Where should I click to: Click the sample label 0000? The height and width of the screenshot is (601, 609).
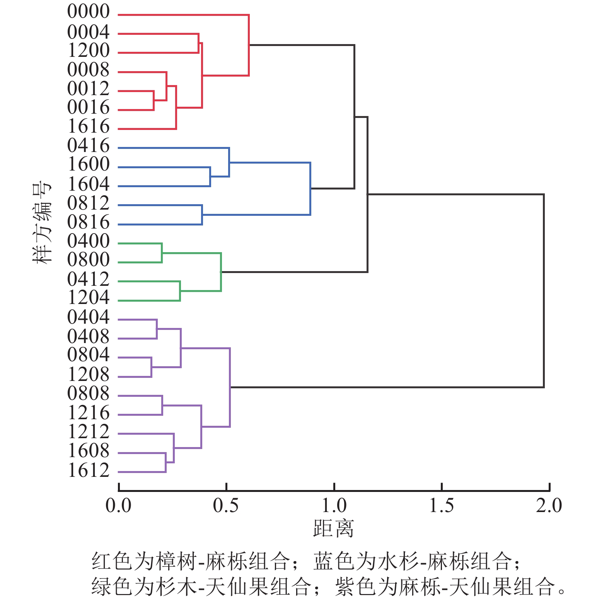(x=89, y=12)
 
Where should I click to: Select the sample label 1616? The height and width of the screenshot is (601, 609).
(x=89, y=126)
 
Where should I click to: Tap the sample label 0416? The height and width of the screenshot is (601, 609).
(x=89, y=146)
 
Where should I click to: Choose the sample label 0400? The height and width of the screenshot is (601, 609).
(x=89, y=241)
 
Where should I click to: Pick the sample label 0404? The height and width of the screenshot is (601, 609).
(x=89, y=318)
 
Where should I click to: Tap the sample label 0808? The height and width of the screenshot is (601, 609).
(x=89, y=394)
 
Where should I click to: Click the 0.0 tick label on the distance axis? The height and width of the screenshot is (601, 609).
(x=118, y=506)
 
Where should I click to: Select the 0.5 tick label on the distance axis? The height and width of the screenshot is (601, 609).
(x=226, y=506)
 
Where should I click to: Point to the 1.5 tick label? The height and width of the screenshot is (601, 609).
(x=441, y=506)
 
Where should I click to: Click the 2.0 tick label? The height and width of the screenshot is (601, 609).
(x=549, y=506)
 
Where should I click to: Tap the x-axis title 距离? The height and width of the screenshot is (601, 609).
(x=333, y=529)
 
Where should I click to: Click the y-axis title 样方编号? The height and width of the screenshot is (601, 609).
(x=42, y=223)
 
